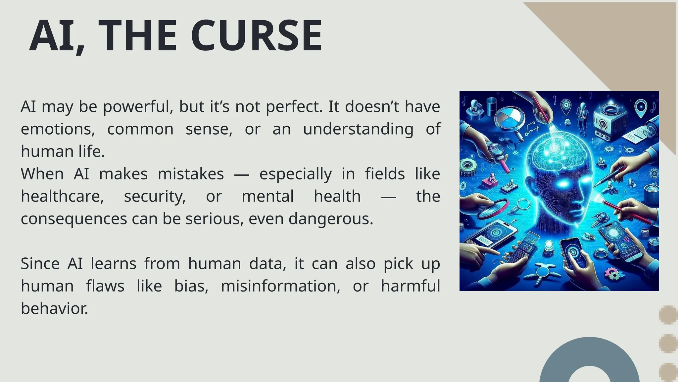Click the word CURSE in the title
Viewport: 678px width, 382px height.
pyautogui.click(x=256, y=36)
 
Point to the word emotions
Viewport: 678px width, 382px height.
pyautogui.click(x=58, y=129)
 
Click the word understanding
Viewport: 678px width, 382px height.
pyautogui.click(x=358, y=129)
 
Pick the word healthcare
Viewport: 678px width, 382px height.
pyautogui.click(x=62, y=196)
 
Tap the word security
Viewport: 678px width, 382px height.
pyautogui.click(x=155, y=197)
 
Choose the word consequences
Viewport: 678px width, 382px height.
pyautogui.click(x=74, y=219)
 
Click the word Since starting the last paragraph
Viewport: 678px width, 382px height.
pyautogui.click(x=40, y=264)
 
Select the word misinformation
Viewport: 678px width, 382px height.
pyautogui.click(x=280, y=286)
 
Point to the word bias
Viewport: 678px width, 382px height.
pyautogui.click(x=191, y=286)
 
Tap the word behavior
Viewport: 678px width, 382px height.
pyautogui.click(x=54, y=308)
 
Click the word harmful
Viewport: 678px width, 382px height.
pyautogui.click(x=410, y=286)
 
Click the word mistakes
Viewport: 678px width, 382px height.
pyautogui.click(x=191, y=174)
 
